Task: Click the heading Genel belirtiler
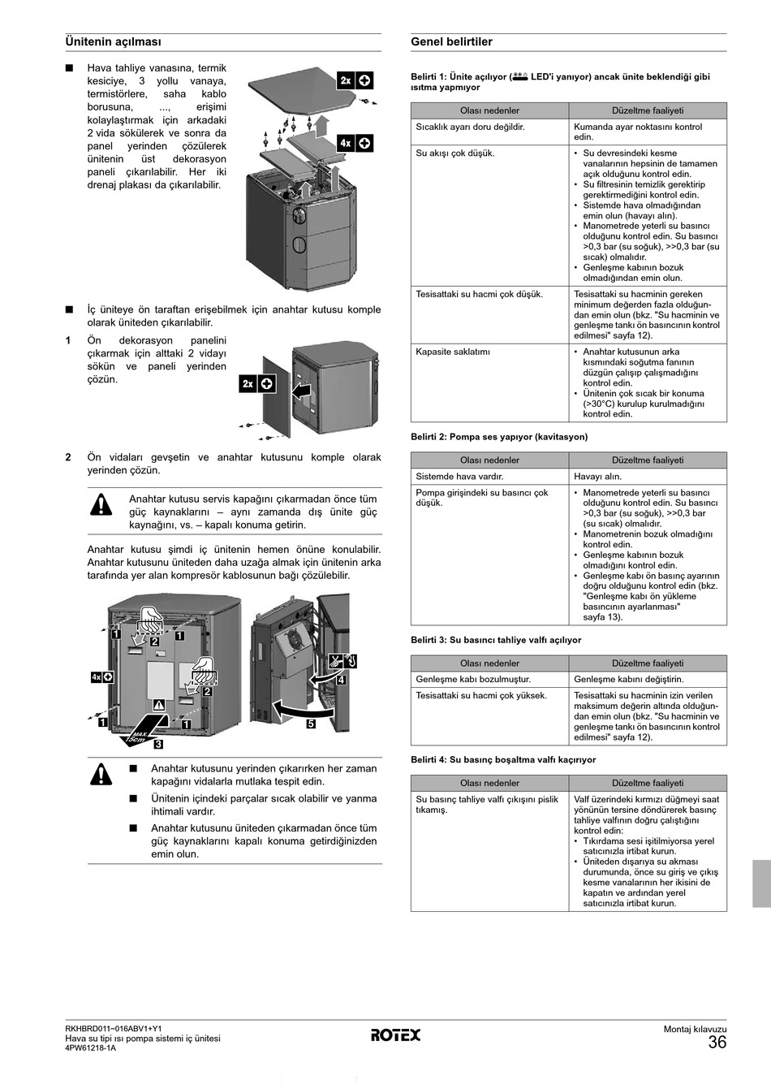point(451,42)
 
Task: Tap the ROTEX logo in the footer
point(396,1035)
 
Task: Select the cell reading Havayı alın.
point(597,477)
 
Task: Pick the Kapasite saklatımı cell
point(453,352)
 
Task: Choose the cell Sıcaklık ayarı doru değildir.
point(470,127)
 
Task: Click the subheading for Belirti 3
point(496,640)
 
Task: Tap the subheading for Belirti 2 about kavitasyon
point(499,437)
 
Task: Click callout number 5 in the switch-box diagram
point(311,724)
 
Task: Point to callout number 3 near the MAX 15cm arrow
point(159,743)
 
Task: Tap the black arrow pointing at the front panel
point(300,391)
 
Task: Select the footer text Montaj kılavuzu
point(695,1030)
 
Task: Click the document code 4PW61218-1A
point(90,1048)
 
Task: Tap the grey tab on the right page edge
point(760,884)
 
